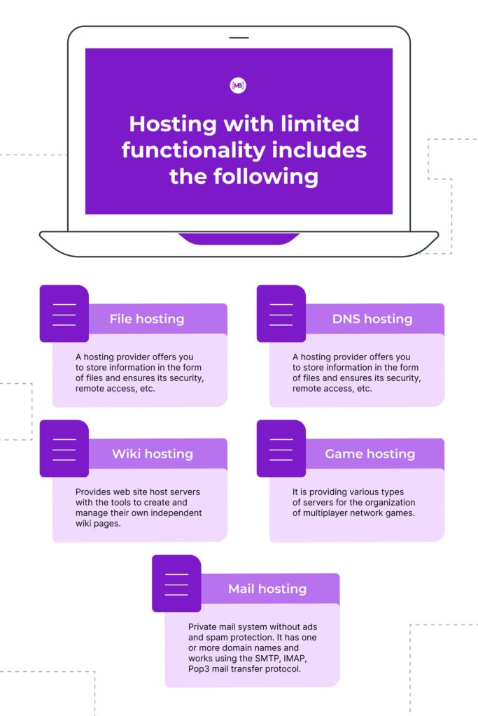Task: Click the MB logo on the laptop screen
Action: (x=239, y=85)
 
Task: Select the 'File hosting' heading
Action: (x=146, y=319)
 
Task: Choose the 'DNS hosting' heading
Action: (x=372, y=319)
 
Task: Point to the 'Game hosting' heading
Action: (x=370, y=454)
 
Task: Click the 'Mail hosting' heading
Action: (x=267, y=589)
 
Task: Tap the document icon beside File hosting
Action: (x=64, y=314)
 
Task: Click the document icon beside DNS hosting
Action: (x=281, y=314)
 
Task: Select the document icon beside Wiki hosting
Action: (x=64, y=449)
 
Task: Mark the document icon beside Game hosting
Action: (x=281, y=449)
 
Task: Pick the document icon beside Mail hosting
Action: (x=176, y=584)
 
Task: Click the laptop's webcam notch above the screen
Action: (x=239, y=37)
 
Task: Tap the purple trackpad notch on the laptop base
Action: (x=239, y=238)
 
